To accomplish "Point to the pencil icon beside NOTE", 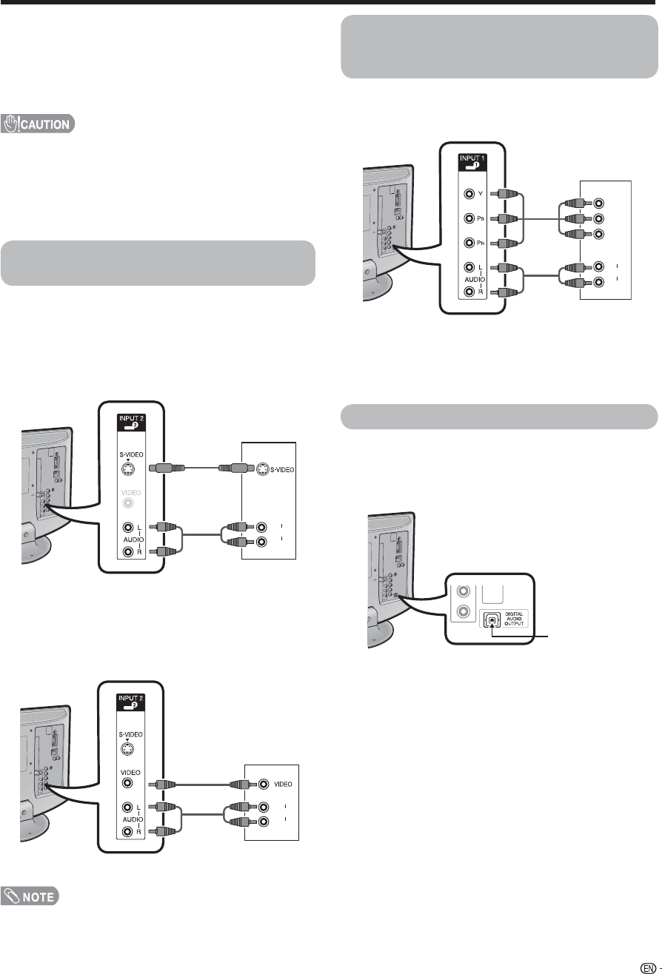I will (13, 896).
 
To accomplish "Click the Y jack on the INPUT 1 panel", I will (469, 195).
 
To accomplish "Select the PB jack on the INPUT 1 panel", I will (469, 219).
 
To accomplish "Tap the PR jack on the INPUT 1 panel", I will (469, 243).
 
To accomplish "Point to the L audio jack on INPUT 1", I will (469, 268).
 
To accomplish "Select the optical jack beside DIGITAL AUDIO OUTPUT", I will (492, 619).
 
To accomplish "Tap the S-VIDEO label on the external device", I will (280, 468).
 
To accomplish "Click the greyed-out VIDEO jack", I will (130, 503).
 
